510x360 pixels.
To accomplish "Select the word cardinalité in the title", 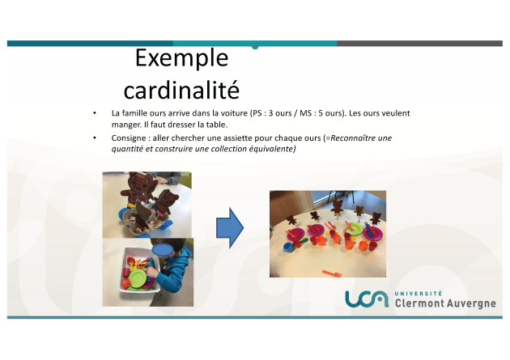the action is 181,90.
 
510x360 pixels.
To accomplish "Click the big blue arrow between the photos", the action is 230,228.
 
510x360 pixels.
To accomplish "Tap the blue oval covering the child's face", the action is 163,250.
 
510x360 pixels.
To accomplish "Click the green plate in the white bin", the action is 138,278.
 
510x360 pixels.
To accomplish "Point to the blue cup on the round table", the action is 287,247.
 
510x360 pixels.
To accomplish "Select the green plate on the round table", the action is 354,229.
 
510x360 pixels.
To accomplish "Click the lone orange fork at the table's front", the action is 333,273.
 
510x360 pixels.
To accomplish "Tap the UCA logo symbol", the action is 367,299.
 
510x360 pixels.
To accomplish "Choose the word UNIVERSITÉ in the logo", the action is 419,294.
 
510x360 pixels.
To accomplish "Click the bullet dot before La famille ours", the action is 95,113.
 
